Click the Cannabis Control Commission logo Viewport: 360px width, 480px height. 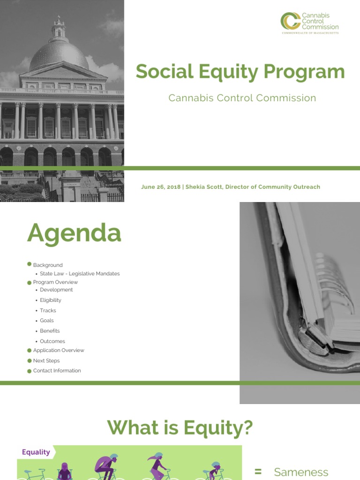point(309,22)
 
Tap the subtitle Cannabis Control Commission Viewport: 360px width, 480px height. point(242,98)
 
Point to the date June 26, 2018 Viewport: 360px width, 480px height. point(160,187)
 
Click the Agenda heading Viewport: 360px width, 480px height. point(74,233)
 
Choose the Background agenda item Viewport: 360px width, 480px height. point(47,265)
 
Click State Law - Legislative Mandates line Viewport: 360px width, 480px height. point(80,274)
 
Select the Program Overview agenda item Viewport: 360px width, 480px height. point(55,282)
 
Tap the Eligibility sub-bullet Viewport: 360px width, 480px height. point(50,300)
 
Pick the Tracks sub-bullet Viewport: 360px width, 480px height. point(48,310)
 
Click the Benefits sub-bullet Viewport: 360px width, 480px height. point(50,331)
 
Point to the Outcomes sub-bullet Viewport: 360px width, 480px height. point(52,341)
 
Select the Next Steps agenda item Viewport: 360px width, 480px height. point(46,361)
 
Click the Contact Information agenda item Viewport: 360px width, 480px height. point(57,371)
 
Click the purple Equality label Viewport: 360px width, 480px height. point(36,452)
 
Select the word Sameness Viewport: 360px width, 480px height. point(301,472)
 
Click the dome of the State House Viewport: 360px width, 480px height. point(59,54)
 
